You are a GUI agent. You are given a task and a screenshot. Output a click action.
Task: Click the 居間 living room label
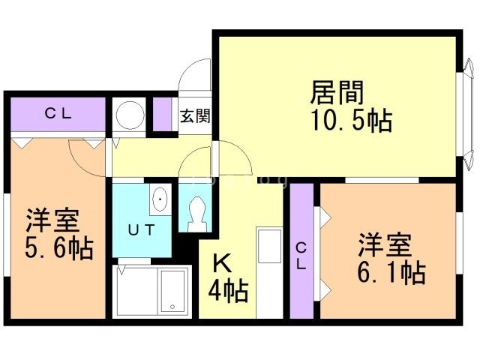click(337, 94)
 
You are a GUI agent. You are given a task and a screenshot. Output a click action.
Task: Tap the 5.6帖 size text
click(58, 247)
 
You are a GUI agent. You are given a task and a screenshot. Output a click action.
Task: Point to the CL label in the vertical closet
click(301, 256)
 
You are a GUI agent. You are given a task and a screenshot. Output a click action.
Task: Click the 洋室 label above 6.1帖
click(383, 244)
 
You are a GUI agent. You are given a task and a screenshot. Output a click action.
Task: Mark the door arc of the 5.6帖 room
click(84, 154)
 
